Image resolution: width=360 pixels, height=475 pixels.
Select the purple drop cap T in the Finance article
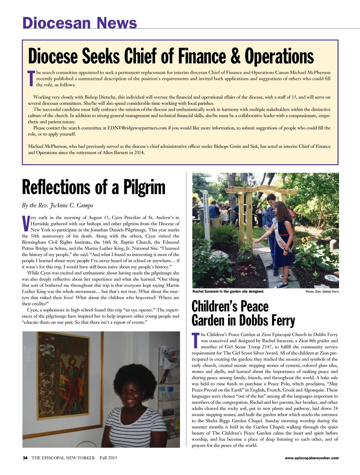tap(31, 78)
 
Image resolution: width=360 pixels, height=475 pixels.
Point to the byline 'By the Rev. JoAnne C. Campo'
tap(57, 205)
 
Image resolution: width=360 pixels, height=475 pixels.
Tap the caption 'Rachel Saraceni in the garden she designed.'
tap(228, 291)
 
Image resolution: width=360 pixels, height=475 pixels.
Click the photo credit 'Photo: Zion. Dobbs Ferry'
tap(322, 292)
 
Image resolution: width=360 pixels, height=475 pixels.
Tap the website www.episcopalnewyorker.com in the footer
tap(311, 458)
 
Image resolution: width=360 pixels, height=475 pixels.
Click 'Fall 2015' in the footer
tap(108, 458)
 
